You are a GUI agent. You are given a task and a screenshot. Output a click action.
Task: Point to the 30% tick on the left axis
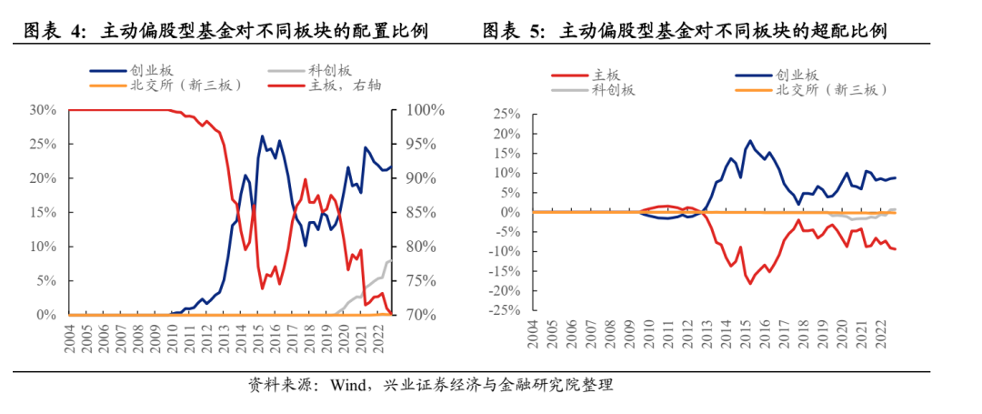[44, 110]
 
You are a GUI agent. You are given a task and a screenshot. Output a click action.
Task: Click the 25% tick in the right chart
[506, 115]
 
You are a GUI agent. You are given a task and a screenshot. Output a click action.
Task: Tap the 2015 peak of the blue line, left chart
[263, 136]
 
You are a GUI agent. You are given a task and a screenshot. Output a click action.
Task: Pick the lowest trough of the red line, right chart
[750, 284]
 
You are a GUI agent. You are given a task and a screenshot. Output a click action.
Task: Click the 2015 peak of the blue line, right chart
[750, 141]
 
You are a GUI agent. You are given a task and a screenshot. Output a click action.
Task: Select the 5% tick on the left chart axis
[47, 281]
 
